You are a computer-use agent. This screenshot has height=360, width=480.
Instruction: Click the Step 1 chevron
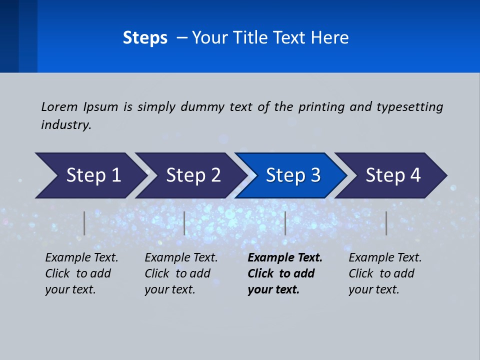click(90, 175)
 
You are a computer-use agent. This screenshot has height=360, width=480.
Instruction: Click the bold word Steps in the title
click(145, 38)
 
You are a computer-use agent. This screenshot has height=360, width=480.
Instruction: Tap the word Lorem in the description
click(59, 106)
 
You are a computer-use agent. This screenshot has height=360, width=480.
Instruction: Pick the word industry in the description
click(66, 124)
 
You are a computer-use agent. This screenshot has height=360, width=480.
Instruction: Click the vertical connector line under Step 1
click(84, 223)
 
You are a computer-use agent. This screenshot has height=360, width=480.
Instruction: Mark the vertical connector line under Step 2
click(184, 223)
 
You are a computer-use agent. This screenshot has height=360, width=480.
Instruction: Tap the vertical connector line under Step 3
click(285, 223)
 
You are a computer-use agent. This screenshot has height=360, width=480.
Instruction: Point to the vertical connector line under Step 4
click(386, 223)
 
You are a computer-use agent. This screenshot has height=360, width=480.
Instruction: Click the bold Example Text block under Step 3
click(284, 273)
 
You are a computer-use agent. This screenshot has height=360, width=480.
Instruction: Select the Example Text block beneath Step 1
click(81, 273)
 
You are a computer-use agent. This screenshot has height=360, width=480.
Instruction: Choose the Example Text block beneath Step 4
click(384, 273)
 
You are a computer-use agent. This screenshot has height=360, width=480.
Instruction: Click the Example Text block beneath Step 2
click(181, 273)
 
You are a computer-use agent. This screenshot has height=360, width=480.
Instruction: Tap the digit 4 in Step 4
click(415, 175)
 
